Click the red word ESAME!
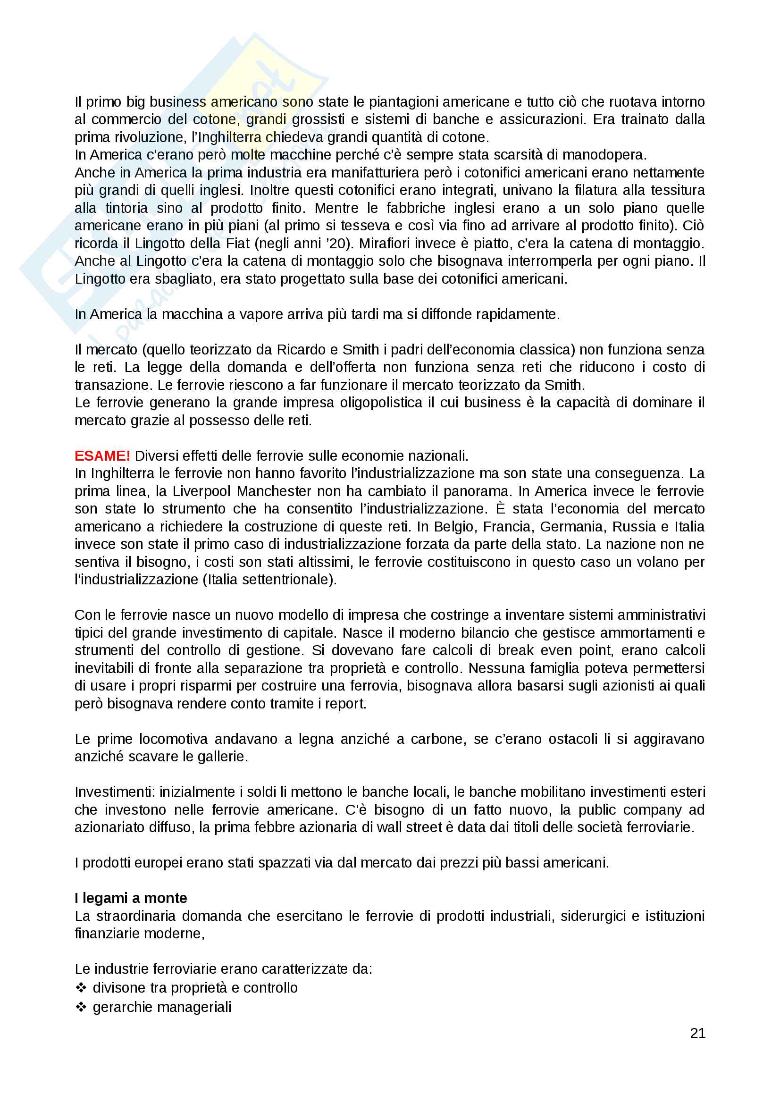pos(102,455)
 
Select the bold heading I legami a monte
pos(131,898)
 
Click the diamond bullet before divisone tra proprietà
pos(81,987)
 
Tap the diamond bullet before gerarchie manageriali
pos(81,1007)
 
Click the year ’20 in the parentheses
pos(336,243)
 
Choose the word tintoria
pos(126,208)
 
